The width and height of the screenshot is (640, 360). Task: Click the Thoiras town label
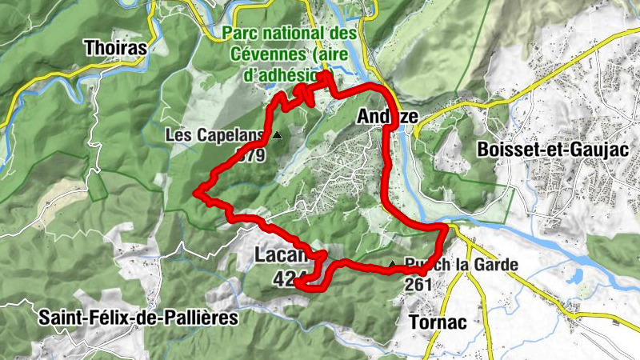click(116, 48)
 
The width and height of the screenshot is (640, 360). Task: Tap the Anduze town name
click(386, 117)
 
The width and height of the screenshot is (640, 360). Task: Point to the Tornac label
click(437, 322)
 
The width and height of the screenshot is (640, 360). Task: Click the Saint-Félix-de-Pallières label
click(138, 318)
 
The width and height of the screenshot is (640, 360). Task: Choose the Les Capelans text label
click(215, 135)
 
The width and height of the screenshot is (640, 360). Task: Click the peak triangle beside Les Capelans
click(277, 135)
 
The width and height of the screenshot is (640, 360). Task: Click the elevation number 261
click(419, 284)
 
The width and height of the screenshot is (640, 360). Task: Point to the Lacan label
click(281, 256)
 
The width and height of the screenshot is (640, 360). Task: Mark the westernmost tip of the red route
click(197, 191)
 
